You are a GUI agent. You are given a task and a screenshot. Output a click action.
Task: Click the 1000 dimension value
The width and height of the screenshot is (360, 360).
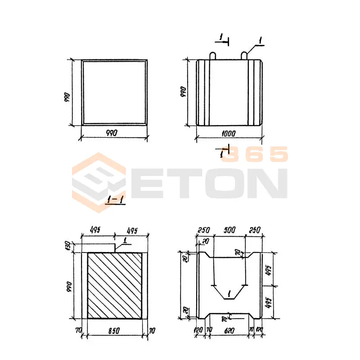pos(229,134)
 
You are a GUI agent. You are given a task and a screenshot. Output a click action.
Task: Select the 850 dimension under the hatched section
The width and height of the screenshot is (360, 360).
pos(114,331)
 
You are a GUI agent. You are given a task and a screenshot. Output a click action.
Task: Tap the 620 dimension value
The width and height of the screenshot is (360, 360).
pos(229,331)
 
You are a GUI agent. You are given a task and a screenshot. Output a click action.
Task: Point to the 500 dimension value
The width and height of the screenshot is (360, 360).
pos(229,230)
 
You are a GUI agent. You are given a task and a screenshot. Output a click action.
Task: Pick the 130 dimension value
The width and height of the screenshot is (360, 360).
pos(67,246)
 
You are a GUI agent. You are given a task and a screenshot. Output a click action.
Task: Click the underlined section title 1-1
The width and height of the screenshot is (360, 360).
pos(115,199)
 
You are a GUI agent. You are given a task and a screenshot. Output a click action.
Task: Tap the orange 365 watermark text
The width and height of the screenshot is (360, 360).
pos(254,154)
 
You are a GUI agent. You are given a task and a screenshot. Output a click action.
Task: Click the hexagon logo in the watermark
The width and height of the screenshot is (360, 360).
pos(99,183)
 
